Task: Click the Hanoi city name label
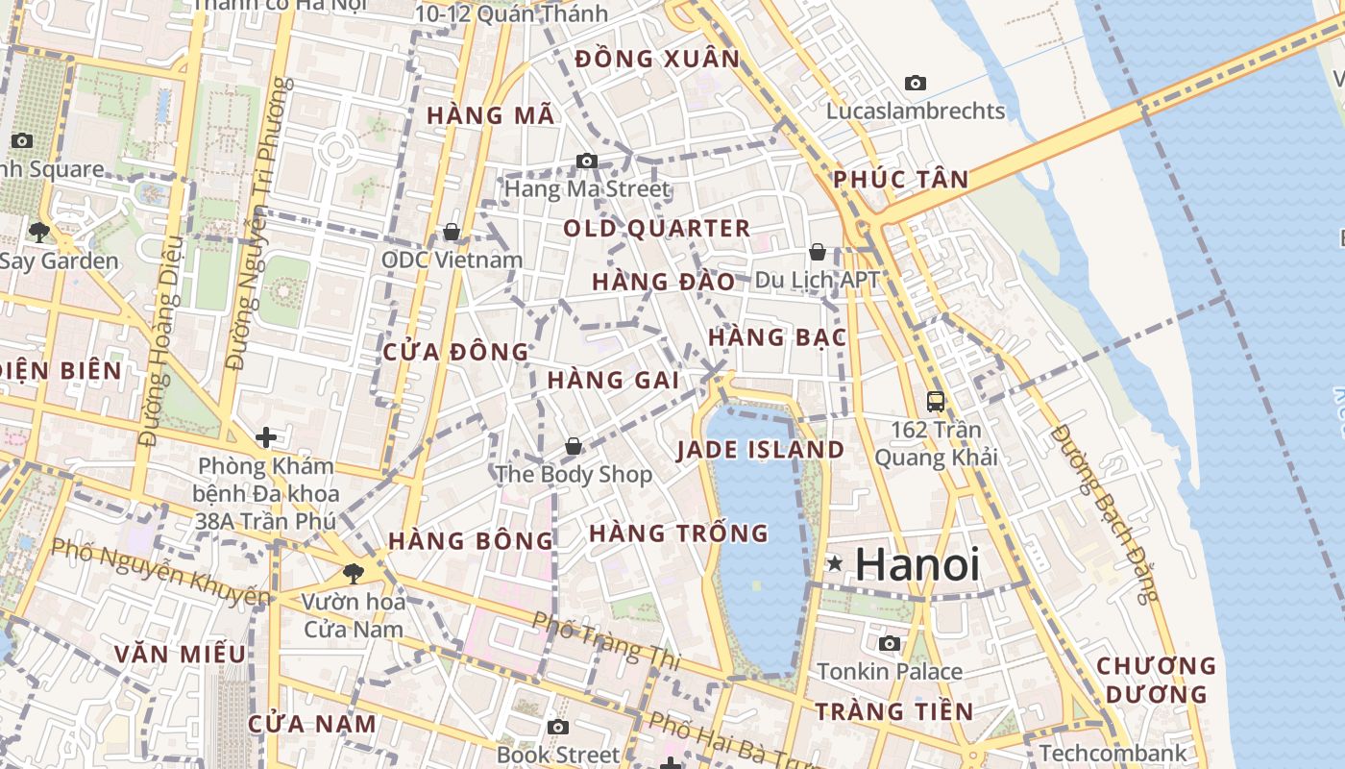click(x=917, y=564)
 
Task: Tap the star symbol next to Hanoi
click(x=835, y=563)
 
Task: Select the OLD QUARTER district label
click(x=656, y=229)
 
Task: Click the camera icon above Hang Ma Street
click(x=586, y=161)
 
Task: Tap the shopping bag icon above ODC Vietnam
click(x=452, y=232)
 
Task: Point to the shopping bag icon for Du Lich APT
click(x=818, y=252)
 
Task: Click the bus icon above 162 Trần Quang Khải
click(x=936, y=401)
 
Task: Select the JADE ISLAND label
click(x=760, y=450)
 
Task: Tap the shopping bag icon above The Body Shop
click(x=574, y=446)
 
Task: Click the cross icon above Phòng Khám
click(x=266, y=438)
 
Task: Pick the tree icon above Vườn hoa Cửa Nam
click(x=354, y=574)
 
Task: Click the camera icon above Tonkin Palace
click(x=890, y=643)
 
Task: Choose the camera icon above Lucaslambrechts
click(x=916, y=84)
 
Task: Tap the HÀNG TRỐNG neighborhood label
click(x=678, y=533)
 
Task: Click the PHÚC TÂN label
click(x=900, y=180)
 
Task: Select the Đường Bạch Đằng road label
click(x=1105, y=513)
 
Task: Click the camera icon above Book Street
click(x=558, y=727)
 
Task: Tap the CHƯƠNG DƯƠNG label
click(x=1156, y=680)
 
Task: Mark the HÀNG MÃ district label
click(x=490, y=115)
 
